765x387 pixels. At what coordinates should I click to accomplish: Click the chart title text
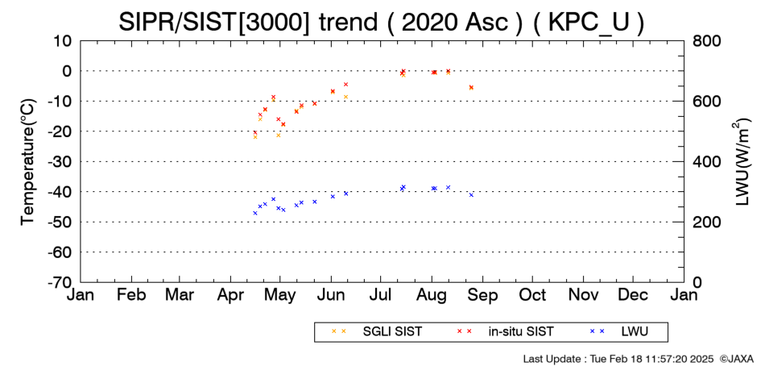[381, 22]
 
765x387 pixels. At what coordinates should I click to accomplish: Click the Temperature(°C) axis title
[29, 162]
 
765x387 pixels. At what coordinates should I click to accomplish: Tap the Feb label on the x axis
[131, 295]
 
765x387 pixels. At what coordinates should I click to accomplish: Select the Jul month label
[381, 295]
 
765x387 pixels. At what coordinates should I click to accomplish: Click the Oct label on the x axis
[532, 295]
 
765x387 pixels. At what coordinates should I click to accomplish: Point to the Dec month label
[633, 295]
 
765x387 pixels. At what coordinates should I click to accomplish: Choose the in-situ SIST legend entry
[504, 332]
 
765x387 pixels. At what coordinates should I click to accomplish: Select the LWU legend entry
[619, 332]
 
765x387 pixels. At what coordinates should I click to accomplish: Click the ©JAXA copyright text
[736, 359]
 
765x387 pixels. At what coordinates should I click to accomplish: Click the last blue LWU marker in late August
[471, 195]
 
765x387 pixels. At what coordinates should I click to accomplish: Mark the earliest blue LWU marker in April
[255, 213]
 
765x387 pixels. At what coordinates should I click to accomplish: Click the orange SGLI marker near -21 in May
[279, 135]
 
